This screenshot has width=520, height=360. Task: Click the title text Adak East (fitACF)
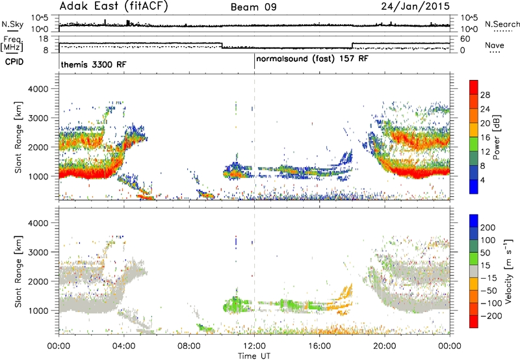click(x=114, y=6)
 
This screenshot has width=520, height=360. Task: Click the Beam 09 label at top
click(x=253, y=7)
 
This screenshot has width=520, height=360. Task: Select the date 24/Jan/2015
click(x=415, y=6)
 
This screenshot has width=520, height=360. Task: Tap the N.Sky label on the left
click(x=12, y=24)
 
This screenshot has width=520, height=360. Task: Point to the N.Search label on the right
click(x=502, y=24)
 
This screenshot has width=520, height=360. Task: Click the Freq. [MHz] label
click(x=12, y=44)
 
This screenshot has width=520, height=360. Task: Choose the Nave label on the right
click(x=494, y=45)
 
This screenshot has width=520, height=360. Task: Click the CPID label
click(x=14, y=62)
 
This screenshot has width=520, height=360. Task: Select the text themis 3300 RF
click(x=94, y=64)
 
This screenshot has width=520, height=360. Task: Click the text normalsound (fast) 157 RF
click(x=312, y=59)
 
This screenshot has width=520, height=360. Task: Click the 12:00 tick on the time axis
click(x=254, y=346)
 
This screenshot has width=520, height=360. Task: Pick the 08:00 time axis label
click(x=189, y=346)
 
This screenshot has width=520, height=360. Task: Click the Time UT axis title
click(x=254, y=356)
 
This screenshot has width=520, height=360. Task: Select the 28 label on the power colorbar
click(x=485, y=95)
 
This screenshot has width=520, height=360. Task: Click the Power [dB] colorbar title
click(x=496, y=137)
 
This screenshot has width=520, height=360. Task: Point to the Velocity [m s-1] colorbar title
click(x=508, y=270)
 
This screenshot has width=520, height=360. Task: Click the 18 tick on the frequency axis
click(x=44, y=39)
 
